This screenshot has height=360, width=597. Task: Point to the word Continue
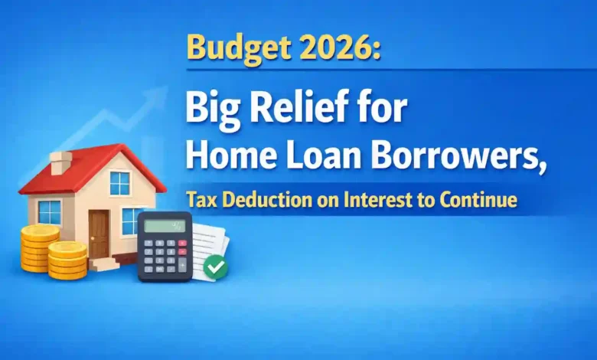[483, 201]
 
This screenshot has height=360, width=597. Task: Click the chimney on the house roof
[60, 162]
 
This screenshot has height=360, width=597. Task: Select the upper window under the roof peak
[120, 183]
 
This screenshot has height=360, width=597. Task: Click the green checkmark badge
[215, 267]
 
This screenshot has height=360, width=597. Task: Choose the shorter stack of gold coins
[67, 260]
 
